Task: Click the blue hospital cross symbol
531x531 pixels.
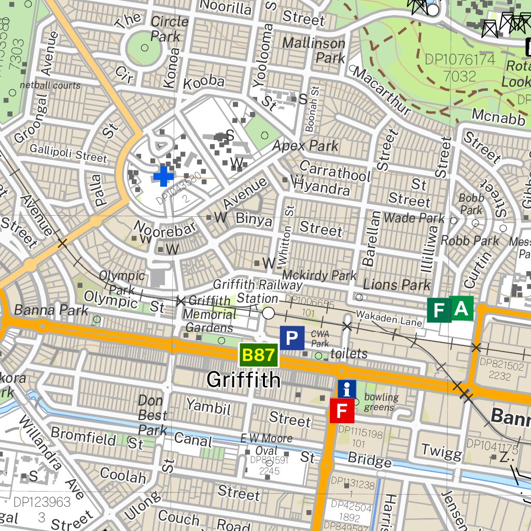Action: click(x=163, y=176)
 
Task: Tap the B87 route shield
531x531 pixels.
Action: click(x=259, y=355)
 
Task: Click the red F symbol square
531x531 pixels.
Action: click(x=342, y=411)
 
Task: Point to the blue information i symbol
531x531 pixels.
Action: click(x=347, y=389)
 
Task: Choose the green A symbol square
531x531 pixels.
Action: click(x=462, y=310)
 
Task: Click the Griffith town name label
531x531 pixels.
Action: click(x=243, y=380)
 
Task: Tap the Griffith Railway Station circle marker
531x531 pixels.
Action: click(x=268, y=313)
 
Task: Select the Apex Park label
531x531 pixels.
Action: click(x=305, y=146)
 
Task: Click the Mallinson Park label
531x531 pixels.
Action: click(x=314, y=50)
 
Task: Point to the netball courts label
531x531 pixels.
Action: click(x=50, y=85)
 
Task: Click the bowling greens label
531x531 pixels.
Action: click(x=381, y=402)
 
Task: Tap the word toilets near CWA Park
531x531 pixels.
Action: click(x=349, y=354)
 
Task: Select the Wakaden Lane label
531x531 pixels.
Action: click(x=389, y=318)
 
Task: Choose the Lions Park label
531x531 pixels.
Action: click(x=397, y=285)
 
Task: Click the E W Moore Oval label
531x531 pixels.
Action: click(x=266, y=444)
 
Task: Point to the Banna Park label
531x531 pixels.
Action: click(x=51, y=310)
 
